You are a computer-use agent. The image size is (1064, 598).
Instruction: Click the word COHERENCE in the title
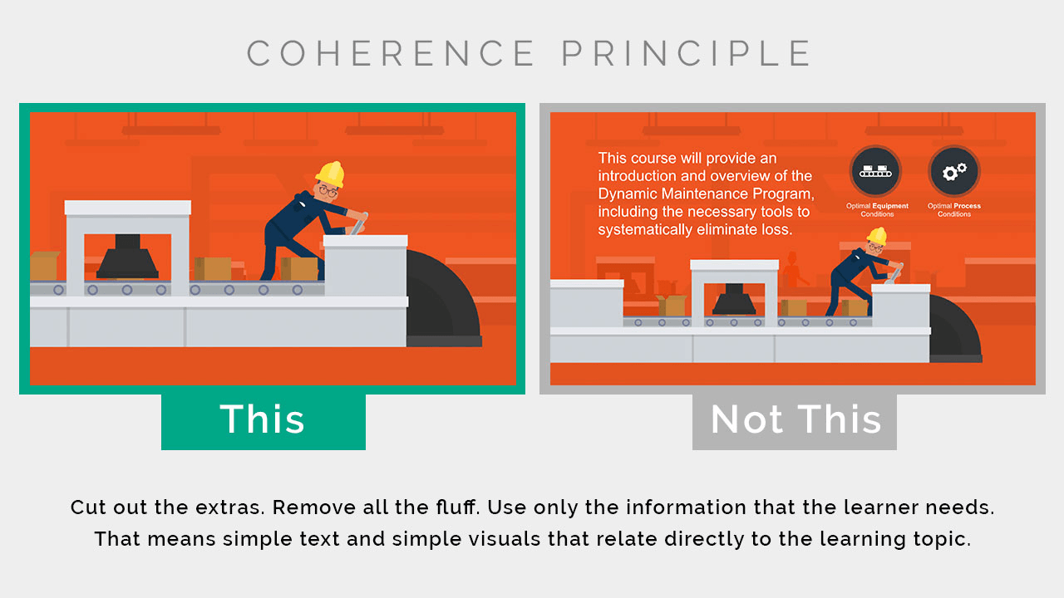pyautogui.click(x=391, y=53)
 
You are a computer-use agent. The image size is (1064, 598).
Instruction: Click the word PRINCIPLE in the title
pyautogui.click(x=686, y=53)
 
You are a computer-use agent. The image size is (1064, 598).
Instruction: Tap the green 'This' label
pyautogui.click(x=264, y=421)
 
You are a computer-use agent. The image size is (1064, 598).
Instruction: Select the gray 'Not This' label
pyautogui.click(x=794, y=421)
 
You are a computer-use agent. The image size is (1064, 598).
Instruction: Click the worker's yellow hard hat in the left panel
pyautogui.click(x=330, y=174)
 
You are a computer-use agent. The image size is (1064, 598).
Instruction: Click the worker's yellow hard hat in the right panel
pyautogui.click(x=877, y=236)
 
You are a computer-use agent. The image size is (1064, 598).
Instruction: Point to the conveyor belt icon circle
pyautogui.click(x=875, y=171)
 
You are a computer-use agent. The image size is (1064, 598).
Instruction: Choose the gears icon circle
pyautogui.click(x=953, y=171)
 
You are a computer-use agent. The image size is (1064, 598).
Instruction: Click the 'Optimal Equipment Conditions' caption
pyautogui.click(x=877, y=210)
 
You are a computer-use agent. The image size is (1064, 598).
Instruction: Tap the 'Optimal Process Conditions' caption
pyautogui.click(x=953, y=210)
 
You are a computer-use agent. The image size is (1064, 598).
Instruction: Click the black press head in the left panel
pyautogui.click(x=127, y=257)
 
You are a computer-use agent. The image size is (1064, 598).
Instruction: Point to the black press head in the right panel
pyautogui.click(x=734, y=300)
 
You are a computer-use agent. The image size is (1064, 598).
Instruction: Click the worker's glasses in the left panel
pyautogui.click(x=328, y=191)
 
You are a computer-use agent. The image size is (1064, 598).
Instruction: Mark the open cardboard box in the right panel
pyautogui.click(x=672, y=305)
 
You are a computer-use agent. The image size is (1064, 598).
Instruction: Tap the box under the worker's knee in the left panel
pyautogui.click(x=298, y=268)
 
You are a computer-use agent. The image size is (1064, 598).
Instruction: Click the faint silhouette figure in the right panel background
pyautogui.click(x=793, y=270)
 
